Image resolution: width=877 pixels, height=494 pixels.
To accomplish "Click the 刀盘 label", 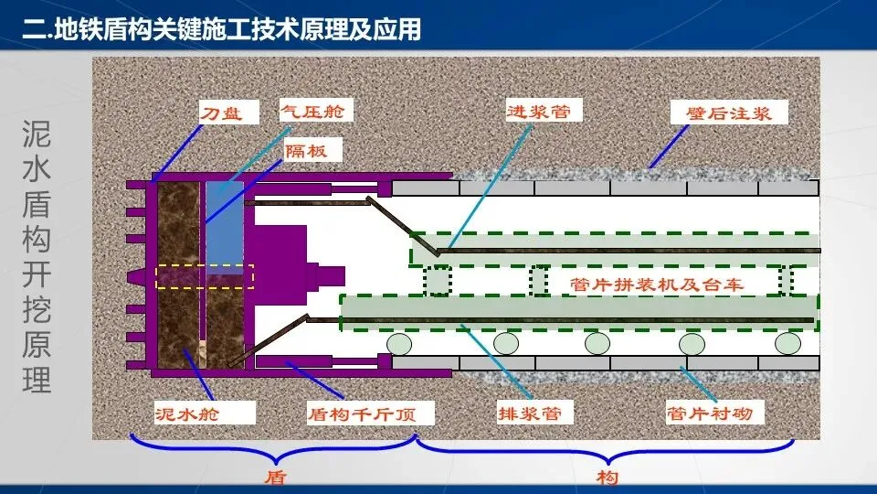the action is click(223, 114).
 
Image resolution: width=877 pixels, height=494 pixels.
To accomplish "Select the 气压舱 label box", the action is click(315, 113).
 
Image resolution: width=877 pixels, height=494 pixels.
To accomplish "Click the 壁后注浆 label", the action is click(728, 114).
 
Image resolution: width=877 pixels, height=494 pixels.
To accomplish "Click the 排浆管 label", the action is click(528, 413).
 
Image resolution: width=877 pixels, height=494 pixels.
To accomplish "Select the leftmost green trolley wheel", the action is click(399, 343).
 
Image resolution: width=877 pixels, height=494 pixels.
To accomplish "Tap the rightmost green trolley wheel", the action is click(787, 343).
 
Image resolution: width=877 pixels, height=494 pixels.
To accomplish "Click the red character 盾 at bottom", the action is click(276, 477).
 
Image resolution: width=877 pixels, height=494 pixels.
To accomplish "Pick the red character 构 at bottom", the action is click(608, 477).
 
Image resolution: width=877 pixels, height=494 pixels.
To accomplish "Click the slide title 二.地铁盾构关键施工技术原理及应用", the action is click(223, 29).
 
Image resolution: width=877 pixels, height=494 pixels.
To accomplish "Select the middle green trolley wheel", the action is click(597, 343).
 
